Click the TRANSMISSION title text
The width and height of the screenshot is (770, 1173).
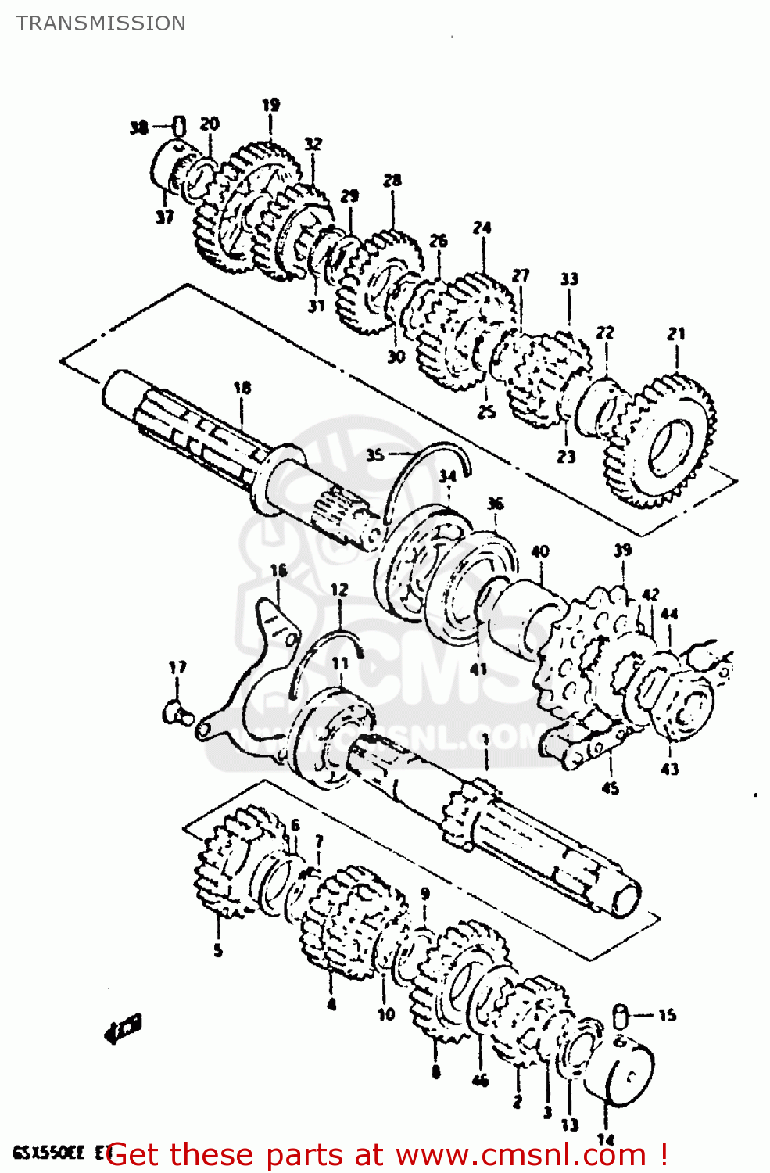point(101,23)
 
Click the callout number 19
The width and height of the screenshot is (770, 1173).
point(270,105)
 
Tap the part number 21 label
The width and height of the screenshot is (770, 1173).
point(676,334)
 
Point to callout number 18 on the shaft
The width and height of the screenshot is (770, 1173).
point(242,387)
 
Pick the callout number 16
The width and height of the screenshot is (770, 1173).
point(278,571)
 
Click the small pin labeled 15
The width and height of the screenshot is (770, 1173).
point(621,1015)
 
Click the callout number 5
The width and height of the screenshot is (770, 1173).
point(218,950)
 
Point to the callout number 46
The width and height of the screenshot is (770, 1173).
point(480,1080)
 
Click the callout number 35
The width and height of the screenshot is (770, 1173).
point(375,454)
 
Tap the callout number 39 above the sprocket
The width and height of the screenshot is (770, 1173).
point(622,551)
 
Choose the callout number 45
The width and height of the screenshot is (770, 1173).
point(610,788)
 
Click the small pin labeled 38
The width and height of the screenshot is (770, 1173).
point(179,125)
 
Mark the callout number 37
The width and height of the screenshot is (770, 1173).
point(164,217)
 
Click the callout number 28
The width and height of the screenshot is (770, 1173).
point(392,181)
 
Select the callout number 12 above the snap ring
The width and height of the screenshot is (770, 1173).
point(338,590)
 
